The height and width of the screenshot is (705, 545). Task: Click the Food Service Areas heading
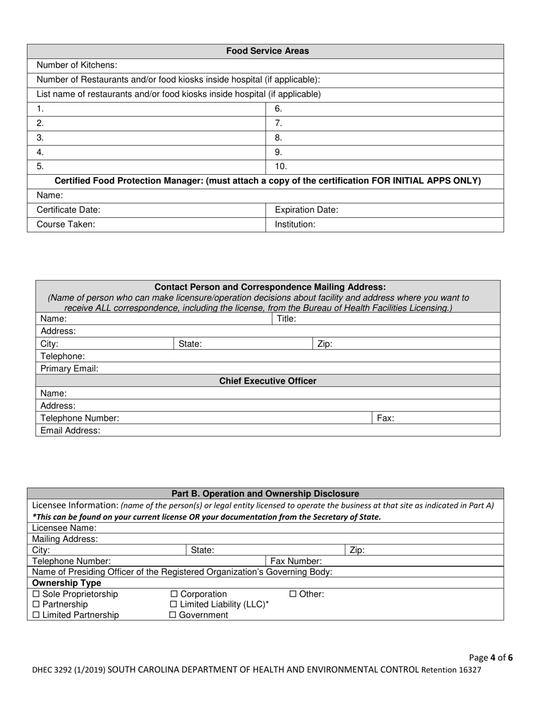coord(267,51)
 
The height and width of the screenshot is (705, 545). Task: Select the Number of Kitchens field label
coord(77,65)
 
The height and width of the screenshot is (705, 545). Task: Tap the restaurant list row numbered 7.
coord(279,123)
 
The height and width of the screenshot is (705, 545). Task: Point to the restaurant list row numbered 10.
coord(281,167)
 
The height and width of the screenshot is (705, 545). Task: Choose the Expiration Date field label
coord(306,210)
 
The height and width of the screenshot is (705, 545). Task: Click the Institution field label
coord(295,225)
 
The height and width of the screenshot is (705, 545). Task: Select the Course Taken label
coord(66,225)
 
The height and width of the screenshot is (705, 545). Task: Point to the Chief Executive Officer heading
coord(268,381)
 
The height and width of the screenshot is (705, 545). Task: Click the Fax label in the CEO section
coord(386,418)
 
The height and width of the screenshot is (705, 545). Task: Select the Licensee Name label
coord(64,528)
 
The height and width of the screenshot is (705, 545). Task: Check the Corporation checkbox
coord(174,594)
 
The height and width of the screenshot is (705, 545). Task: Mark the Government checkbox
coord(173,615)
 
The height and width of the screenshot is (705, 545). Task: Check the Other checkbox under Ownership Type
coord(293,594)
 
